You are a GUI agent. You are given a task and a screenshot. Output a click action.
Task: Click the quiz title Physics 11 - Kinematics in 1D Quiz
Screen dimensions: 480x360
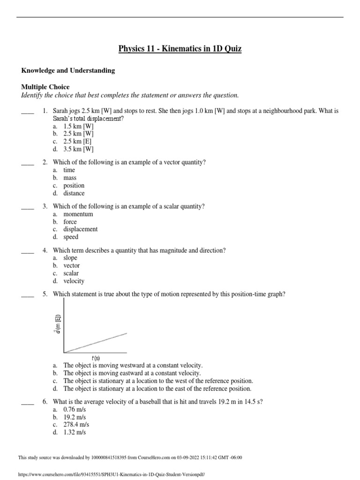point(180,48)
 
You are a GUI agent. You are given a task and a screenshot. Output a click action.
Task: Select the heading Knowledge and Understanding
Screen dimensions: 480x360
point(68,70)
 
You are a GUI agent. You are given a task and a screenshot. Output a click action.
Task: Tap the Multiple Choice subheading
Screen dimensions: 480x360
point(45,87)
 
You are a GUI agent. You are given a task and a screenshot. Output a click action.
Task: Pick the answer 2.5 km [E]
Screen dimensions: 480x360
point(78,142)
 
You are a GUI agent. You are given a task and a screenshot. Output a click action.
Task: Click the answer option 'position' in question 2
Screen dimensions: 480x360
point(74,185)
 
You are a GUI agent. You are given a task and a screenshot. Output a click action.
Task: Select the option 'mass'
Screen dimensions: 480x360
point(70,178)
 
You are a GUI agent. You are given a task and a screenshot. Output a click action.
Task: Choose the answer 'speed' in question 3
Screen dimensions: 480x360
point(71,237)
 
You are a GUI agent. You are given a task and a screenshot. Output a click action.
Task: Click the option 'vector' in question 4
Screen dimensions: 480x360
point(72,265)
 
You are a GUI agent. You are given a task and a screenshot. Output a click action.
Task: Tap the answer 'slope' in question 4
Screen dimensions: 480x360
point(70,258)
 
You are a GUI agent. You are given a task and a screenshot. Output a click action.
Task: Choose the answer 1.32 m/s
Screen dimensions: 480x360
point(75,432)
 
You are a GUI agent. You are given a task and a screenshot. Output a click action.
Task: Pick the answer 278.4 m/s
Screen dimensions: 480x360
point(76,424)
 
